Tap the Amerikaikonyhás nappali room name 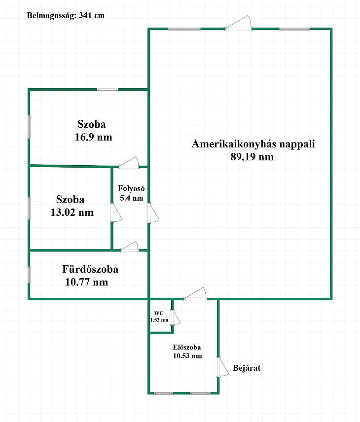pos(253,144)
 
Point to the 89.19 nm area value pos(252,157)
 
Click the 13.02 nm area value pos(72,212)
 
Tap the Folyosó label pos(130,188)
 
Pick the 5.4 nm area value pos(131,198)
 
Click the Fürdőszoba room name pos(90,269)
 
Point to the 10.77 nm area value pos(86,282)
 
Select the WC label pos(159,313)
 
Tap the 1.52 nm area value pos(159,320)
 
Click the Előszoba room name pos(187,347)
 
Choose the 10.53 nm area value pos(187,355)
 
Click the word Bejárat pos(246,368)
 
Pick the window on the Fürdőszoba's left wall pos(29,275)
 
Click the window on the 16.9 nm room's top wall pos(107,89)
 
